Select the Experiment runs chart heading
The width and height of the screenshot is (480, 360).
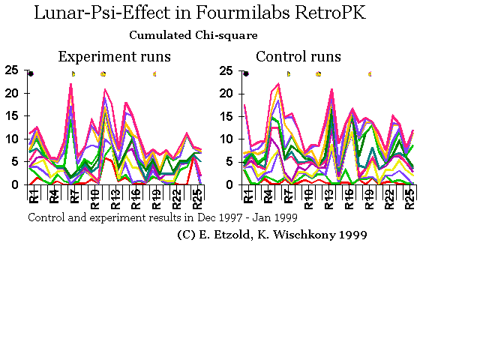114,56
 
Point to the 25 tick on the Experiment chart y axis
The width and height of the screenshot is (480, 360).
12,71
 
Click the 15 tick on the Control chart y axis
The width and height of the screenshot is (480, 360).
227,116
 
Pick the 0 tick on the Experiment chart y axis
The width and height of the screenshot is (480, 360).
16,184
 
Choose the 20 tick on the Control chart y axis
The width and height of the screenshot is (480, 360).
227,94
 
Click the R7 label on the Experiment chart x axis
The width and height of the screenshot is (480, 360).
74,196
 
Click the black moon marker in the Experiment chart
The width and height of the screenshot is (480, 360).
31,73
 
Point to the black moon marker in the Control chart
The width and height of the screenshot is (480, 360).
246,73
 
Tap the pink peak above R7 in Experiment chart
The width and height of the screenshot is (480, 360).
71,84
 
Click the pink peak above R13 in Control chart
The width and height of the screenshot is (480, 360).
331,90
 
